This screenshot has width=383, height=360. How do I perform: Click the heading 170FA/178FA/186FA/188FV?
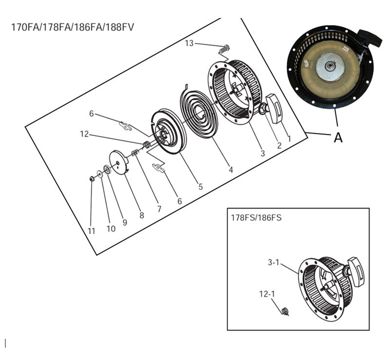[72, 27]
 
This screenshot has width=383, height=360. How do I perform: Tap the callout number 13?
[189, 44]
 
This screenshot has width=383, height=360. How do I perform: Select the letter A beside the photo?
[338, 138]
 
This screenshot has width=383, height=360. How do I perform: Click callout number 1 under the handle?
[289, 138]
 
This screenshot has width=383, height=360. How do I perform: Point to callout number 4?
[230, 170]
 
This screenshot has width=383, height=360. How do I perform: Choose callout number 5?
[200, 186]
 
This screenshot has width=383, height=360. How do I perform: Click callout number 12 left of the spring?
[84, 134]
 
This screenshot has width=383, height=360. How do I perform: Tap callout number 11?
[91, 231]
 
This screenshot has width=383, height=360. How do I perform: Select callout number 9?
[125, 222]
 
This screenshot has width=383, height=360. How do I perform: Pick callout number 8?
[142, 215]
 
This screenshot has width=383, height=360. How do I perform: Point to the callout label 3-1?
[274, 262]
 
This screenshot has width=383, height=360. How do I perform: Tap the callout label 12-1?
[267, 294]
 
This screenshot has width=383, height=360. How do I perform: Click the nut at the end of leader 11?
[92, 179]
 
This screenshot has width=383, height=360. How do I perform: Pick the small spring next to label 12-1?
[285, 310]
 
